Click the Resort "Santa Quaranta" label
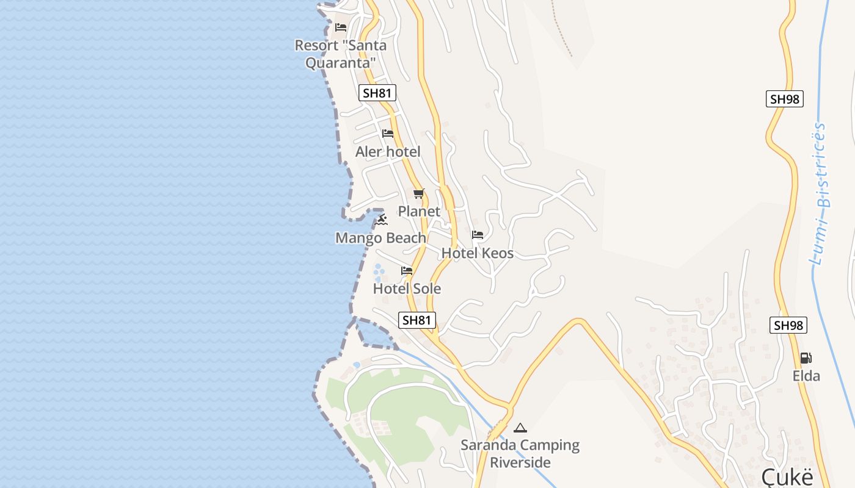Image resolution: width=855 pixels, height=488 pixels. pos(340,54)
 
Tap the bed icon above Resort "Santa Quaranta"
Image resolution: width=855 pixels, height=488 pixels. pos(341,27)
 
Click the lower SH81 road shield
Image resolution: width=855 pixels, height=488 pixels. pos(418,320)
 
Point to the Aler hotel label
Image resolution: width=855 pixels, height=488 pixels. pos(388,151)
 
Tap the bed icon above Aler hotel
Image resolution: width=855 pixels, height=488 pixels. pos(388,134)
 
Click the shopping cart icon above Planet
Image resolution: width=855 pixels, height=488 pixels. pos(418,194)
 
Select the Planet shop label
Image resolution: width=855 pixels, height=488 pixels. pos(419,211)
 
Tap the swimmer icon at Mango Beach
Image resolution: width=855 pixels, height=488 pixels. pos(382,220)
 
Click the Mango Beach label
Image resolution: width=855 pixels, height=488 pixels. pos(380,238)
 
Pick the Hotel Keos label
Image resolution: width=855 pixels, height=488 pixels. pos(477,253)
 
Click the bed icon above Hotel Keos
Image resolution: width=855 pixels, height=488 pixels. pos(478,235)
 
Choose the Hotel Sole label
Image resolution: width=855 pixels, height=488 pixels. pos(407,289)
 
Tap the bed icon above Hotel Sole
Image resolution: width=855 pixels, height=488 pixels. pos(407,271)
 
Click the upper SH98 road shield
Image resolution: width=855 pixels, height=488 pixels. pos(784,99)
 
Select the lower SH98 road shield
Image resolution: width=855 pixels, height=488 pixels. pos(788,325)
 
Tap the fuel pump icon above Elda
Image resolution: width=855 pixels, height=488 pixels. pos(806,358)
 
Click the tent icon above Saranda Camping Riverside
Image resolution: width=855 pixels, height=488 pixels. pos(520,428)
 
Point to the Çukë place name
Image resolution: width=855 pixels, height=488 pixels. pos(787,476)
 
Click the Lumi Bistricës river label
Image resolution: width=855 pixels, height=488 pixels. pos(818,194)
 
